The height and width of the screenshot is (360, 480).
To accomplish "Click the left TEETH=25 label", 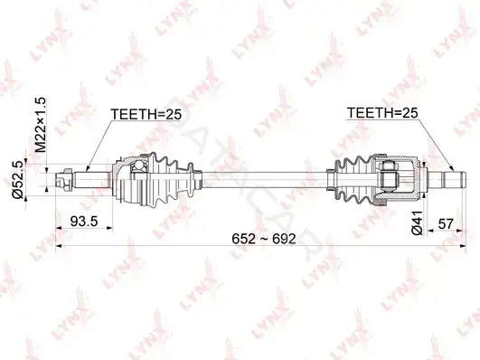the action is pos(146,114).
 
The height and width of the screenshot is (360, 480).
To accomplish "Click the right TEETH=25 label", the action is pos(382,113).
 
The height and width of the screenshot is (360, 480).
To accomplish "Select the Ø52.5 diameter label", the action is pos(18,180).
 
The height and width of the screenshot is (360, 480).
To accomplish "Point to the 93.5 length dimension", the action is pos(84,222).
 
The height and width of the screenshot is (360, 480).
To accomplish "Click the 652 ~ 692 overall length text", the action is pos(264,239).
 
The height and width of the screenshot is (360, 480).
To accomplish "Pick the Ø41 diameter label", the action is pos(417,223).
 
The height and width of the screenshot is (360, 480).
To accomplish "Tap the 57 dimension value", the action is pos(445,223).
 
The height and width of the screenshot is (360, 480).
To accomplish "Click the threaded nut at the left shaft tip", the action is pos(63,179).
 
